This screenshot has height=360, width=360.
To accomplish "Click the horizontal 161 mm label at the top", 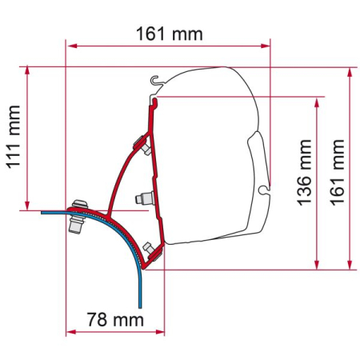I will click(x=168, y=34).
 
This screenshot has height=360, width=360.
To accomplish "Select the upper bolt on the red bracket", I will click(x=146, y=149).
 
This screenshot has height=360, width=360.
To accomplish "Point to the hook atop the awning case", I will click(x=157, y=81).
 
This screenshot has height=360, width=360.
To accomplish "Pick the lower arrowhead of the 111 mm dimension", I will click(x=29, y=206).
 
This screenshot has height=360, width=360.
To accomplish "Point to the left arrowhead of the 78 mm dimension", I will click(x=69, y=332).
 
